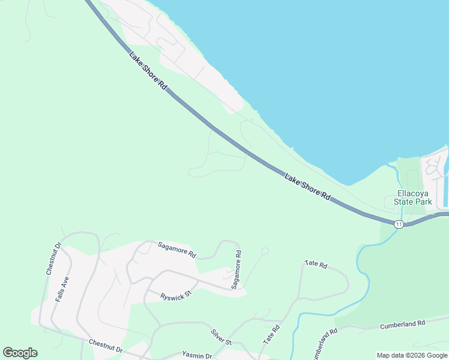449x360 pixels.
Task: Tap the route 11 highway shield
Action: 399,224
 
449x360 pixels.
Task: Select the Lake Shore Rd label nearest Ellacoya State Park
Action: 307,187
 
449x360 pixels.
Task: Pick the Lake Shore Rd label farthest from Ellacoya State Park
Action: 148,70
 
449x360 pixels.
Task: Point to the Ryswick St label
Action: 175,296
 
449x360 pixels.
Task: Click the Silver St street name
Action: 221,337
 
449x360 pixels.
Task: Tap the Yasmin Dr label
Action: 197,356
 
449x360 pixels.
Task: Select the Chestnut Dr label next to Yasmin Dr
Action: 106,346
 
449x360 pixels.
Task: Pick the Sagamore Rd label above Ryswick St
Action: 177,249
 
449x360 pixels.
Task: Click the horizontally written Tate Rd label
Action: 316,264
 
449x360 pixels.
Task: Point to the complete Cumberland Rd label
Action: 402,324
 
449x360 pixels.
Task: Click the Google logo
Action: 20,353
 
